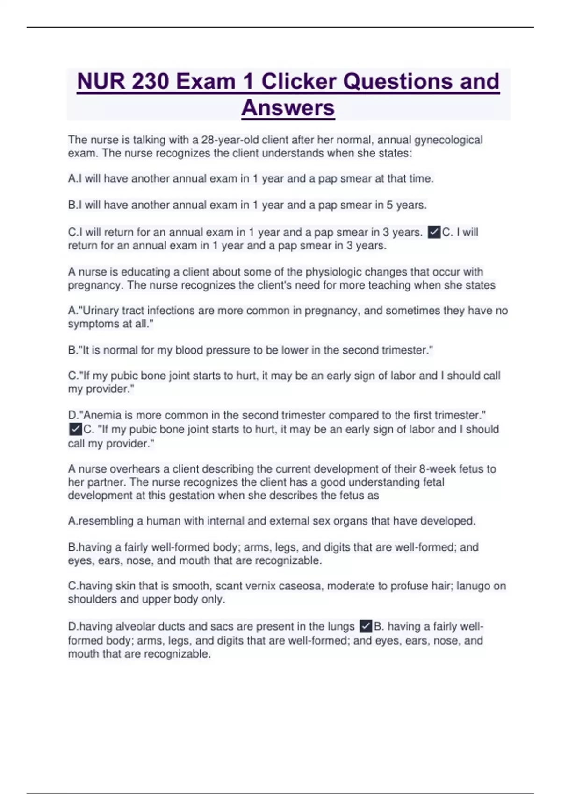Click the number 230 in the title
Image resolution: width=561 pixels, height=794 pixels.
tap(151, 82)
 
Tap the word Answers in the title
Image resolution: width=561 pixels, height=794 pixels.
tap(288, 108)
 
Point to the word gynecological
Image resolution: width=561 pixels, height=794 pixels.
tap(448, 140)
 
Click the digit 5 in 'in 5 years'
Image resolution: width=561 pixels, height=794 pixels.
tap(389, 205)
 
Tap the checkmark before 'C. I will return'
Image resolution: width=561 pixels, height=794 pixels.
tap(434, 232)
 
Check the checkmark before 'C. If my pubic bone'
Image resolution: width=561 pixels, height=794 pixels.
tap(75, 429)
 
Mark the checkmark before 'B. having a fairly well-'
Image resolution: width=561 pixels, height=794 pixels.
tap(366, 626)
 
